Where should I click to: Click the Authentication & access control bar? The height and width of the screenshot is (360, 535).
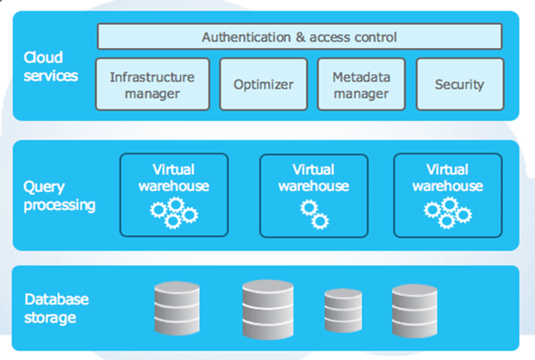(x=299, y=37)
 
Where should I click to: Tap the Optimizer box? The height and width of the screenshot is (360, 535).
(x=263, y=84)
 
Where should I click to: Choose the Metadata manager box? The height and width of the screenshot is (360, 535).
(x=361, y=84)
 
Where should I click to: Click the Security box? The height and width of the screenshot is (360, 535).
(x=459, y=84)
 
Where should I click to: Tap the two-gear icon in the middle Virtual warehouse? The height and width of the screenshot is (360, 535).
(x=314, y=214)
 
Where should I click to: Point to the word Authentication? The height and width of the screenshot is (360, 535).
(x=245, y=37)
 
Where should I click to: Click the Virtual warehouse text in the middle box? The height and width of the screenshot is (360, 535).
(x=314, y=177)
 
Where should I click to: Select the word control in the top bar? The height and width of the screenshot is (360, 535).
(x=374, y=37)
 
